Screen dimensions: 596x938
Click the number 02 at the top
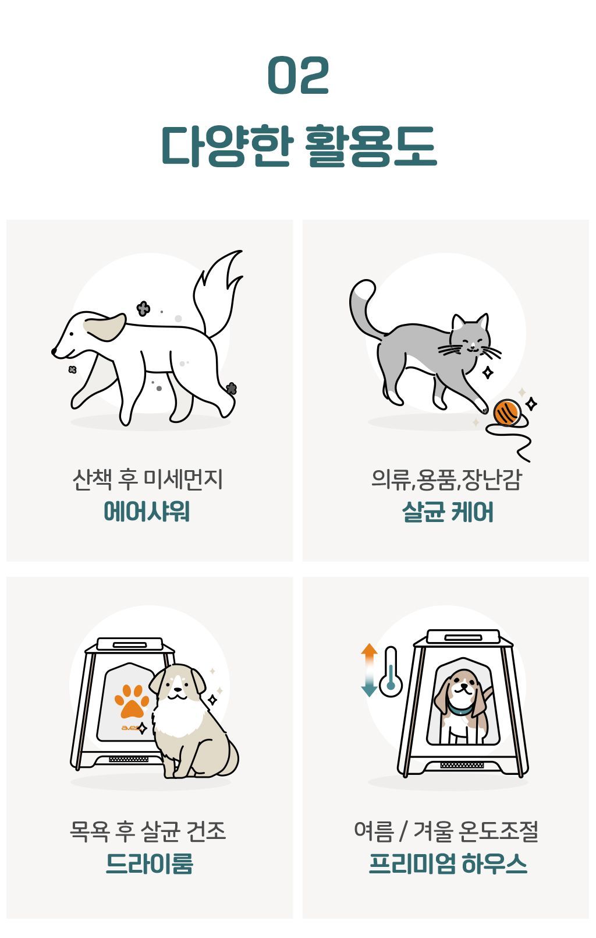tap(298, 75)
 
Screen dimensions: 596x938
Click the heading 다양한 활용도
tap(299, 146)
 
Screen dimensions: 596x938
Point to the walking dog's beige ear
tap(105, 327)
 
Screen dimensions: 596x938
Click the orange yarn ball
tap(507, 412)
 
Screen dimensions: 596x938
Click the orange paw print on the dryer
tap(132, 701)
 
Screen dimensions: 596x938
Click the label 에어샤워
tap(147, 512)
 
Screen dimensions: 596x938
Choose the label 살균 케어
tap(448, 512)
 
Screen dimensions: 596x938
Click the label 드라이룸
tap(150, 863)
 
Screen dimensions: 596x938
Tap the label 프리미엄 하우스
tap(448, 863)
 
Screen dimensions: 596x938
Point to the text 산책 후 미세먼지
tap(148, 479)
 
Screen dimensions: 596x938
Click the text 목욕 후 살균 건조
tap(148, 831)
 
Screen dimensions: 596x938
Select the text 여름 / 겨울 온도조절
tap(446, 831)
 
